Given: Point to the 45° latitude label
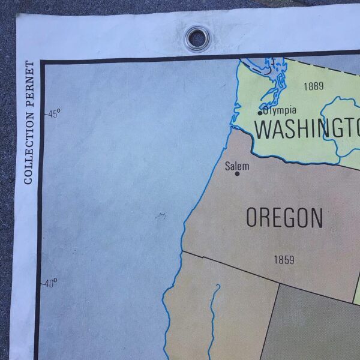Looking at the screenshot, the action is tap(54, 113).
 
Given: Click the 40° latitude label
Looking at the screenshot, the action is tap(52, 283).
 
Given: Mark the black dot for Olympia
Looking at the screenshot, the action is tap(260, 113).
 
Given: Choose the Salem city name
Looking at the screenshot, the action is tap(236, 166).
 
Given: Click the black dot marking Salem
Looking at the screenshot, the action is tap(238, 174).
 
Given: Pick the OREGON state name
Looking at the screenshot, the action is tap(284, 218).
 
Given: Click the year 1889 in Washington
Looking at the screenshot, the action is tap(313, 86).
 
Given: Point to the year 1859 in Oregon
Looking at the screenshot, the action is tap(284, 260).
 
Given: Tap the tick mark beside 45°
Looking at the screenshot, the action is tap(44, 113).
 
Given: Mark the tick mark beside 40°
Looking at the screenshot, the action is tap(43, 283).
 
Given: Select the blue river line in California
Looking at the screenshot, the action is tap(211, 324).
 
